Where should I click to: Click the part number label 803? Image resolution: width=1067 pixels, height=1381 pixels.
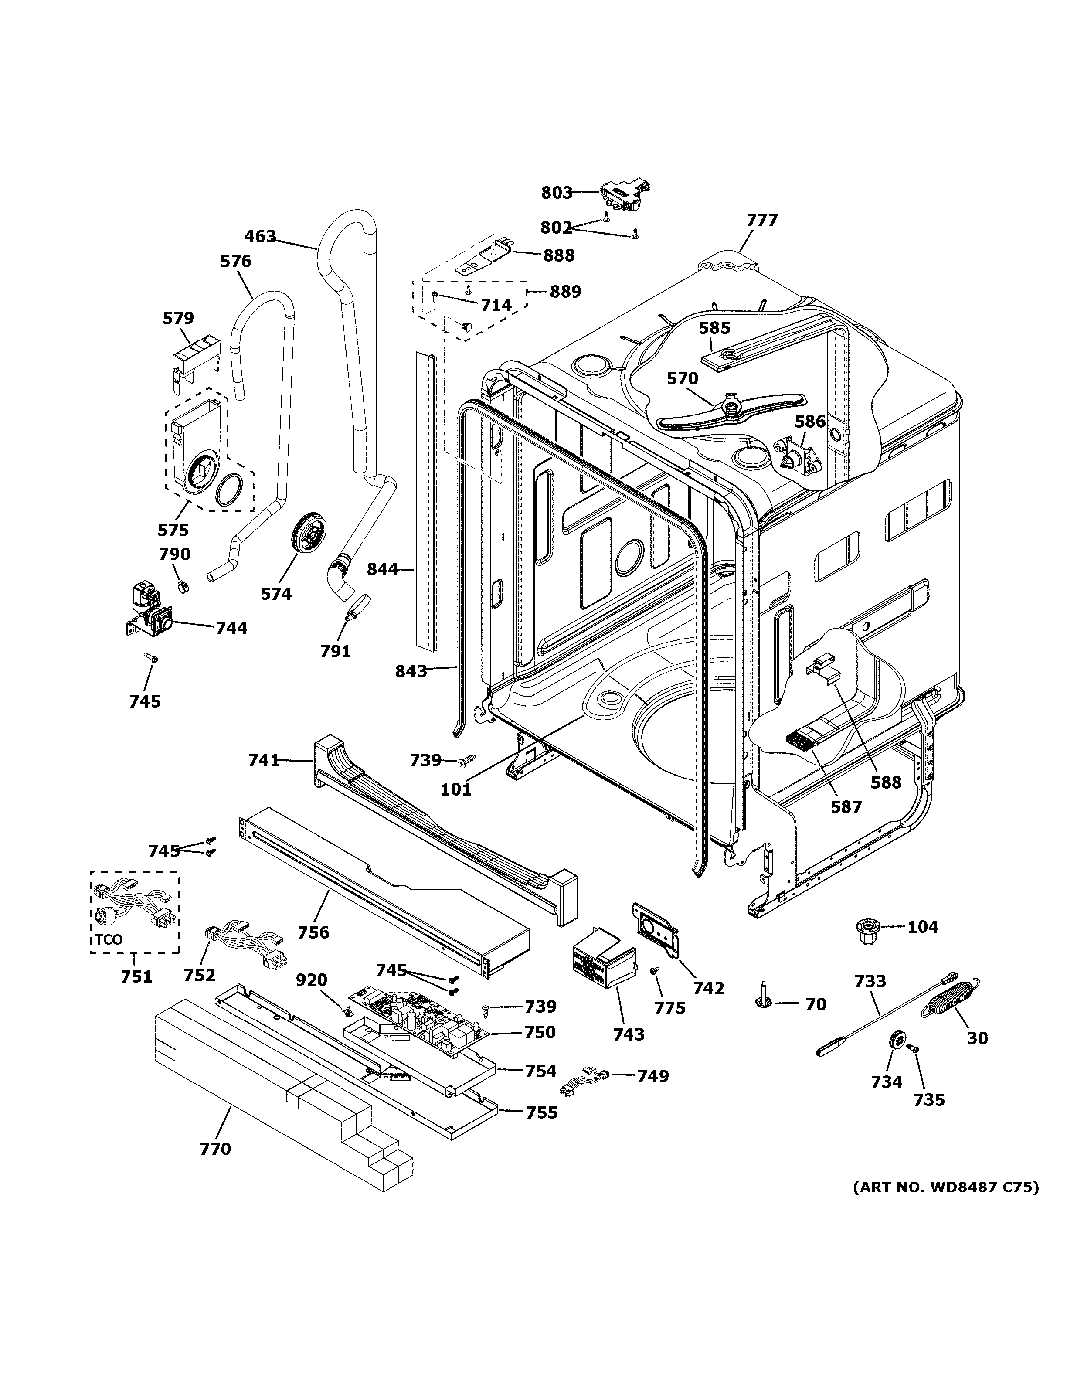(x=556, y=192)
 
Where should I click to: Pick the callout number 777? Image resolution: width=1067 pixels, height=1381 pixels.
(x=762, y=221)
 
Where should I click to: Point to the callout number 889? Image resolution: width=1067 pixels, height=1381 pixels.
(x=565, y=292)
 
